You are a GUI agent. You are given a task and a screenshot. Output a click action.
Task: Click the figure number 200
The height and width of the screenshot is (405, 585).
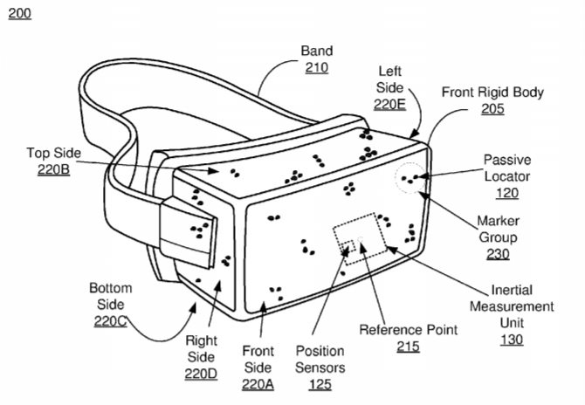pyautogui.click(x=20, y=13)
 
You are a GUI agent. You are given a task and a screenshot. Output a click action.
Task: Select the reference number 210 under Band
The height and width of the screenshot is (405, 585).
pyautogui.click(x=317, y=67)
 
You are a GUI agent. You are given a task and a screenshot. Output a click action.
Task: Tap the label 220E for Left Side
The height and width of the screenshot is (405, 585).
pyautogui.click(x=390, y=104)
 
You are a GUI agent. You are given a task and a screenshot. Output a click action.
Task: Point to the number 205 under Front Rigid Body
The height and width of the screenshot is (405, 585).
pyautogui.click(x=492, y=108)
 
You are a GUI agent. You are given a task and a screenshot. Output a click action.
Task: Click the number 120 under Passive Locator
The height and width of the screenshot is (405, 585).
pyautogui.click(x=507, y=193)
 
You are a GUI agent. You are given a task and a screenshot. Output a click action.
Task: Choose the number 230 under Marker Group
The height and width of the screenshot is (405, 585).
pyautogui.click(x=498, y=254)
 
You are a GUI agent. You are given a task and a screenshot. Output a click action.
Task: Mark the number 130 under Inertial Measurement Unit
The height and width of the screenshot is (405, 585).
pyautogui.click(x=512, y=340)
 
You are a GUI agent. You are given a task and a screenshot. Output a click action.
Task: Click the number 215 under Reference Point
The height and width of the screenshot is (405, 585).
pyautogui.click(x=408, y=347)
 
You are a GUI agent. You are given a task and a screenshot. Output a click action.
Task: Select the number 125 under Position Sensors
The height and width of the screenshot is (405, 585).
pyautogui.click(x=320, y=384)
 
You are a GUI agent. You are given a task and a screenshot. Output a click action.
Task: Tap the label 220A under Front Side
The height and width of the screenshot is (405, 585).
pyautogui.click(x=258, y=384)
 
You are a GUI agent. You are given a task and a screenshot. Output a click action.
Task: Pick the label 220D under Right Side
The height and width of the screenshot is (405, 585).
pyautogui.click(x=201, y=374)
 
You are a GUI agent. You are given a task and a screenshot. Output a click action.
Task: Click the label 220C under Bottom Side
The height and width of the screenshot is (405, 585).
pyautogui.click(x=110, y=321)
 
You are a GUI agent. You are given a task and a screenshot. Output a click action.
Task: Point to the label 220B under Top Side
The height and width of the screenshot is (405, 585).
pyautogui.click(x=54, y=169)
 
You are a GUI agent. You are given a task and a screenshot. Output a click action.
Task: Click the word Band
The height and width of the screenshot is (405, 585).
pyautogui.click(x=317, y=51)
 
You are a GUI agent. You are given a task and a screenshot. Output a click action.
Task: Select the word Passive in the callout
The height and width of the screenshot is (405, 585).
pyautogui.click(x=507, y=160)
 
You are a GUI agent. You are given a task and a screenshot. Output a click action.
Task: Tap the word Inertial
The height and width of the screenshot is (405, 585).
pyautogui.click(x=512, y=290)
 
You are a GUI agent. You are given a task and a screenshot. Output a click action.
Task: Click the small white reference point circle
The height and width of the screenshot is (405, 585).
pyautogui.click(x=361, y=238)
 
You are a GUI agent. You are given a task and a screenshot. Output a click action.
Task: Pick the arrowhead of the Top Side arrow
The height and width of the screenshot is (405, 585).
pyautogui.click(x=213, y=171)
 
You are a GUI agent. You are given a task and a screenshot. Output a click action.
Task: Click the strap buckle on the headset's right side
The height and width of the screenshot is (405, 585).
pyautogui.click(x=188, y=232)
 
